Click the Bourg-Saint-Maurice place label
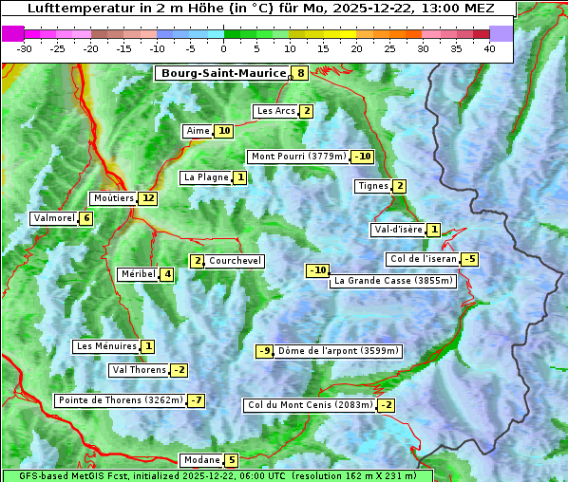pyautogui.click(x=223, y=73)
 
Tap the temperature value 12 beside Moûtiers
pyautogui.click(x=147, y=198)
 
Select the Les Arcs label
pyautogui.click(x=276, y=111)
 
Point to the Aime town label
pyautogui.click(x=198, y=131)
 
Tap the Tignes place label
pyautogui.click(x=372, y=186)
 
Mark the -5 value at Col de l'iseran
pyautogui.click(x=469, y=259)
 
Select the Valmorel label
pyautogui.click(x=53, y=218)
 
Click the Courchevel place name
pyautogui.click(x=235, y=261)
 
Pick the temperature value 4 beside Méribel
pyautogui.click(x=167, y=274)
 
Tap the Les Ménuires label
pyautogui.click(x=106, y=346)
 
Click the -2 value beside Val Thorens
pyautogui.click(x=179, y=370)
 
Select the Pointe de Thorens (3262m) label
pyautogui.click(x=120, y=400)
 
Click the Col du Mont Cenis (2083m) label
pyautogui.click(x=310, y=405)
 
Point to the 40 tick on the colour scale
pyautogui.click(x=489, y=47)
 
